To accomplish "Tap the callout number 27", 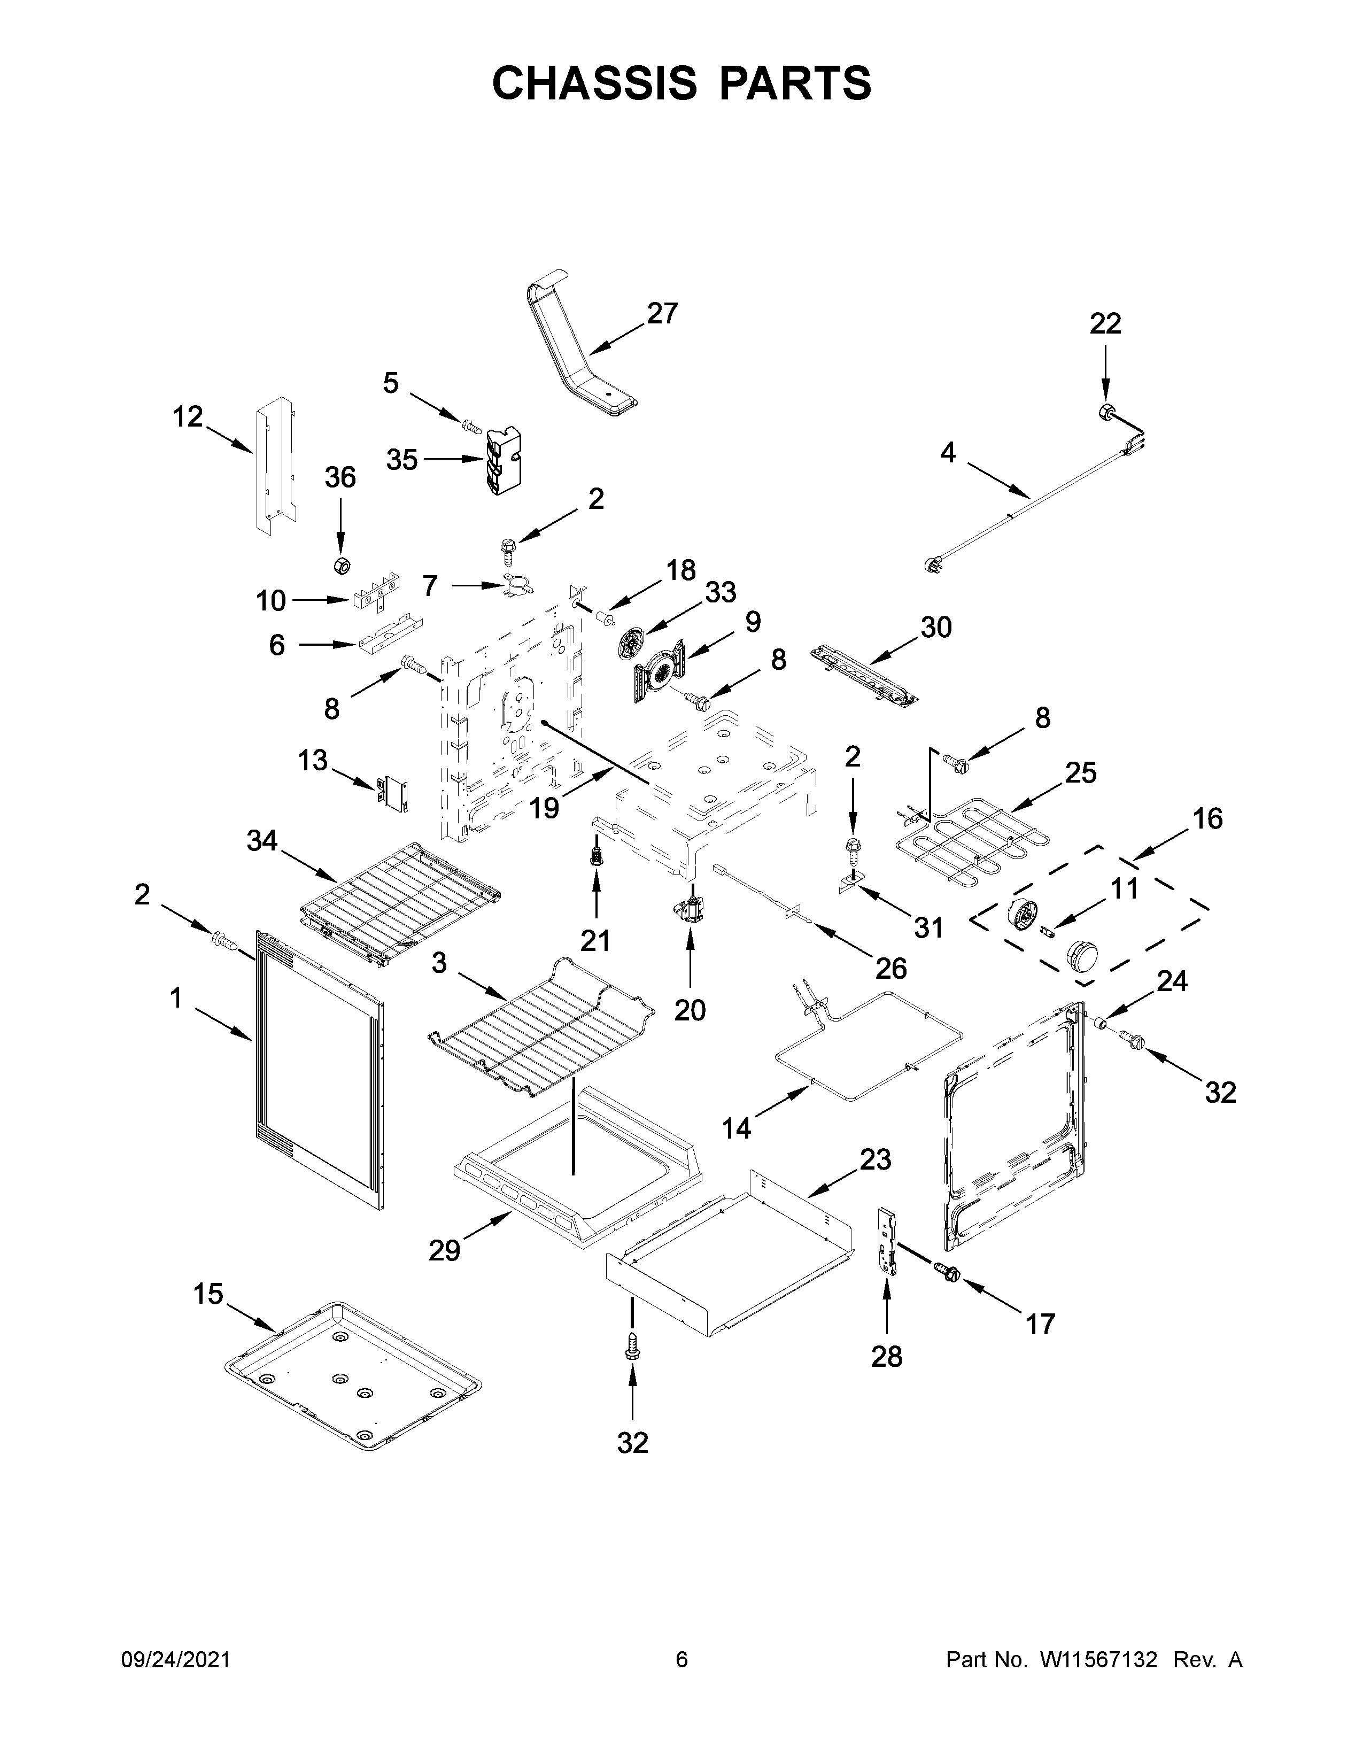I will click(x=662, y=313).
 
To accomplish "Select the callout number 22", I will click(x=1105, y=324).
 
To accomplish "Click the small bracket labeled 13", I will click(x=393, y=793).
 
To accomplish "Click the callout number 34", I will click(x=261, y=841).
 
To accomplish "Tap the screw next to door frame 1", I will click(x=222, y=941).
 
